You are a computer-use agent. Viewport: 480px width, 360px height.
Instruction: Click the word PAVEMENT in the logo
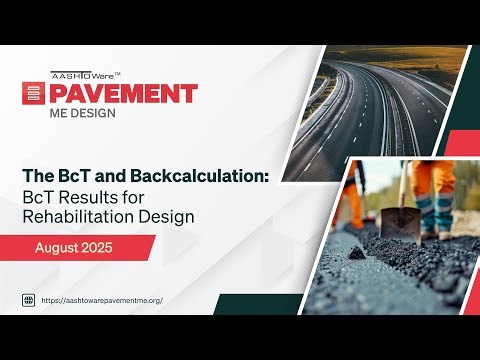[x=126, y=93]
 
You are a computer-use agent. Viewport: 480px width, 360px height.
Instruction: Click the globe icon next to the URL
[x=29, y=299]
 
